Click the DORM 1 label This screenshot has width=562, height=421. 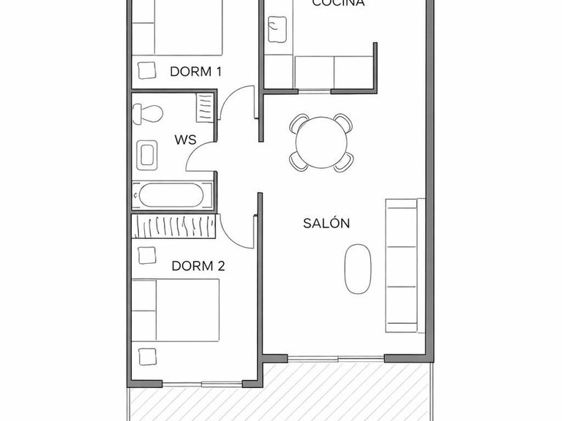pyautogui.click(x=195, y=71)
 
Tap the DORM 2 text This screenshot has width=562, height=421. pyautogui.click(x=198, y=266)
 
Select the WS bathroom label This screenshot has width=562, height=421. pyautogui.click(x=184, y=140)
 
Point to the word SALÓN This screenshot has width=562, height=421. pyautogui.click(x=326, y=224)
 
